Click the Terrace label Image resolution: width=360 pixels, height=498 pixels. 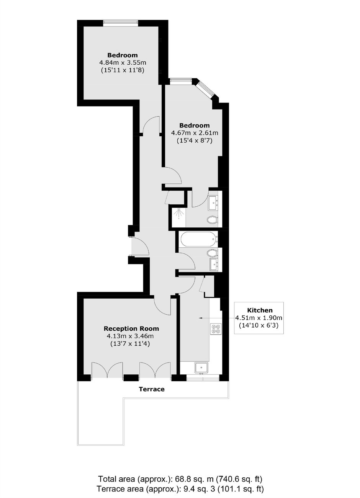pos(152,389)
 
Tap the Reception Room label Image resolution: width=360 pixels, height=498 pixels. pos(131,328)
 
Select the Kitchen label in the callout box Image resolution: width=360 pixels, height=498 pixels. pos(260,310)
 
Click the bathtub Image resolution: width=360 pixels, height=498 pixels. pos(199,239)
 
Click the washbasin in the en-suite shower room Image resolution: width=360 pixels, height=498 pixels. pos(213,203)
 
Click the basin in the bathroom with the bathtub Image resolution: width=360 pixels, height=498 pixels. pos(214,265)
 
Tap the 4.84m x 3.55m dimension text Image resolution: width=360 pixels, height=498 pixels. pos(123,62)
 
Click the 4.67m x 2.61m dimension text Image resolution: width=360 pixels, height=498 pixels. pos(195,133)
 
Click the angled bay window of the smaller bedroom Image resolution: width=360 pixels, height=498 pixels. pos(206,90)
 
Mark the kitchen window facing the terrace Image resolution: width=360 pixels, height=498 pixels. pos(203,378)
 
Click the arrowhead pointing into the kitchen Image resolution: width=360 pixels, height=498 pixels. pos(201,318)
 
